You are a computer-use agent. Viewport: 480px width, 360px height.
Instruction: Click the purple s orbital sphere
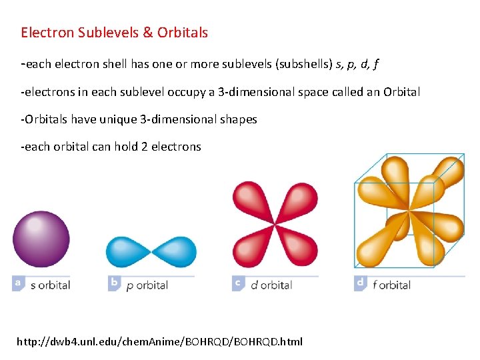pyautogui.click(x=41, y=239)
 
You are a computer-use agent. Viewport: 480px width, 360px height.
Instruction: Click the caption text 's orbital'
pyautogui.click(x=50, y=285)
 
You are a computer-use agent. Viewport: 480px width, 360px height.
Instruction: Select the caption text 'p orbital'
pyautogui.click(x=147, y=285)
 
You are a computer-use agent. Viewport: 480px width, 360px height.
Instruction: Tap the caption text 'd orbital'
pyautogui.click(x=271, y=285)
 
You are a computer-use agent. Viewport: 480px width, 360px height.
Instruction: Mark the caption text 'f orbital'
pyautogui.click(x=391, y=285)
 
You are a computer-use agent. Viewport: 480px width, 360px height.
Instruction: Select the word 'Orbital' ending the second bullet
pyautogui.click(x=401, y=92)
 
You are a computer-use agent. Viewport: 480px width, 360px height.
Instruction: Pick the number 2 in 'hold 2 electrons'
pyautogui.click(x=144, y=147)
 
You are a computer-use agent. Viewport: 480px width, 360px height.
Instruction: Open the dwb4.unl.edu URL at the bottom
pyautogui.click(x=159, y=341)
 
